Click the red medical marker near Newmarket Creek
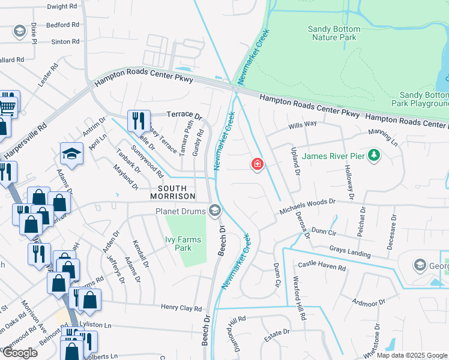258,164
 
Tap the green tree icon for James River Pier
375,157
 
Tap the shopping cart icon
8,106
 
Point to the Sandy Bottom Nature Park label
334,33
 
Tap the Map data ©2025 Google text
412,355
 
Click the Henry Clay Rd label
181,308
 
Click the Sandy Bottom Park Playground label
424,99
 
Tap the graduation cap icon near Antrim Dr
71,154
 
